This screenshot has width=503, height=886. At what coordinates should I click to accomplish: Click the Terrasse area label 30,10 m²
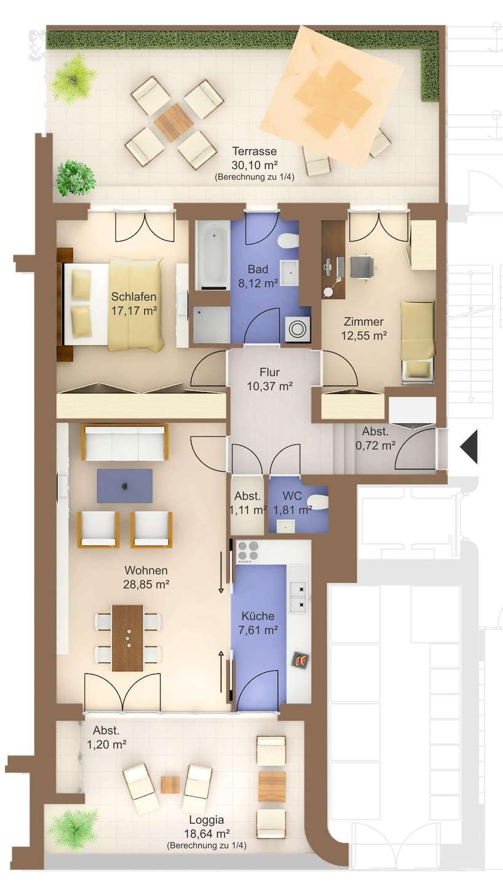coord(255,164)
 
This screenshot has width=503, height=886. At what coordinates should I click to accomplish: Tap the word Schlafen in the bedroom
coord(133,297)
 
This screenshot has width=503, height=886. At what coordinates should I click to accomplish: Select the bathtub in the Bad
coord(213,255)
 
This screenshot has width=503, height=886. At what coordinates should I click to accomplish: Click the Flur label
coord(270,372)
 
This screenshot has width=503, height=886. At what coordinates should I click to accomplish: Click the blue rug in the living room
coord(125,486)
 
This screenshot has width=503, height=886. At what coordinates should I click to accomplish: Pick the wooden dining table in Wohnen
coord(128,638)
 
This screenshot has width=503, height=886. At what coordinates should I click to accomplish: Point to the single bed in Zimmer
coord(418,341)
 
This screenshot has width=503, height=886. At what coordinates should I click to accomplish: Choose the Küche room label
coord(258,616)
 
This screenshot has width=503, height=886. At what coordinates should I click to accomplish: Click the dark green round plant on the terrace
coord(76,178)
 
